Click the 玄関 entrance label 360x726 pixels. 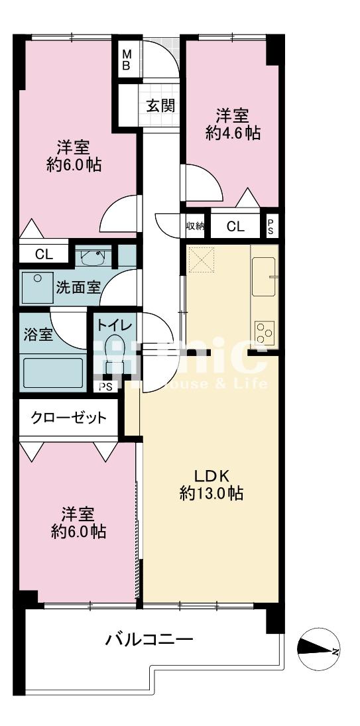(160, 105)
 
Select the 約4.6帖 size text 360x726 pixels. (233, 133)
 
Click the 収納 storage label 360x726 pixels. (195, 227)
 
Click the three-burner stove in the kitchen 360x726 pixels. (265, 331)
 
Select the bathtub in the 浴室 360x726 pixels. (52, 373)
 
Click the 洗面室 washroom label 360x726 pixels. (78, 287)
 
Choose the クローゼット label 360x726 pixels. (68, 418)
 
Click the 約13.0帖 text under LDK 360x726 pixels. (211, 493)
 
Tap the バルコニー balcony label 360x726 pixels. (150, 640)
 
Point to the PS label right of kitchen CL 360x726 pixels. (270, 227)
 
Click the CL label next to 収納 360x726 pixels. (235, 227)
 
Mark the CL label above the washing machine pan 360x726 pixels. (44, 254)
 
